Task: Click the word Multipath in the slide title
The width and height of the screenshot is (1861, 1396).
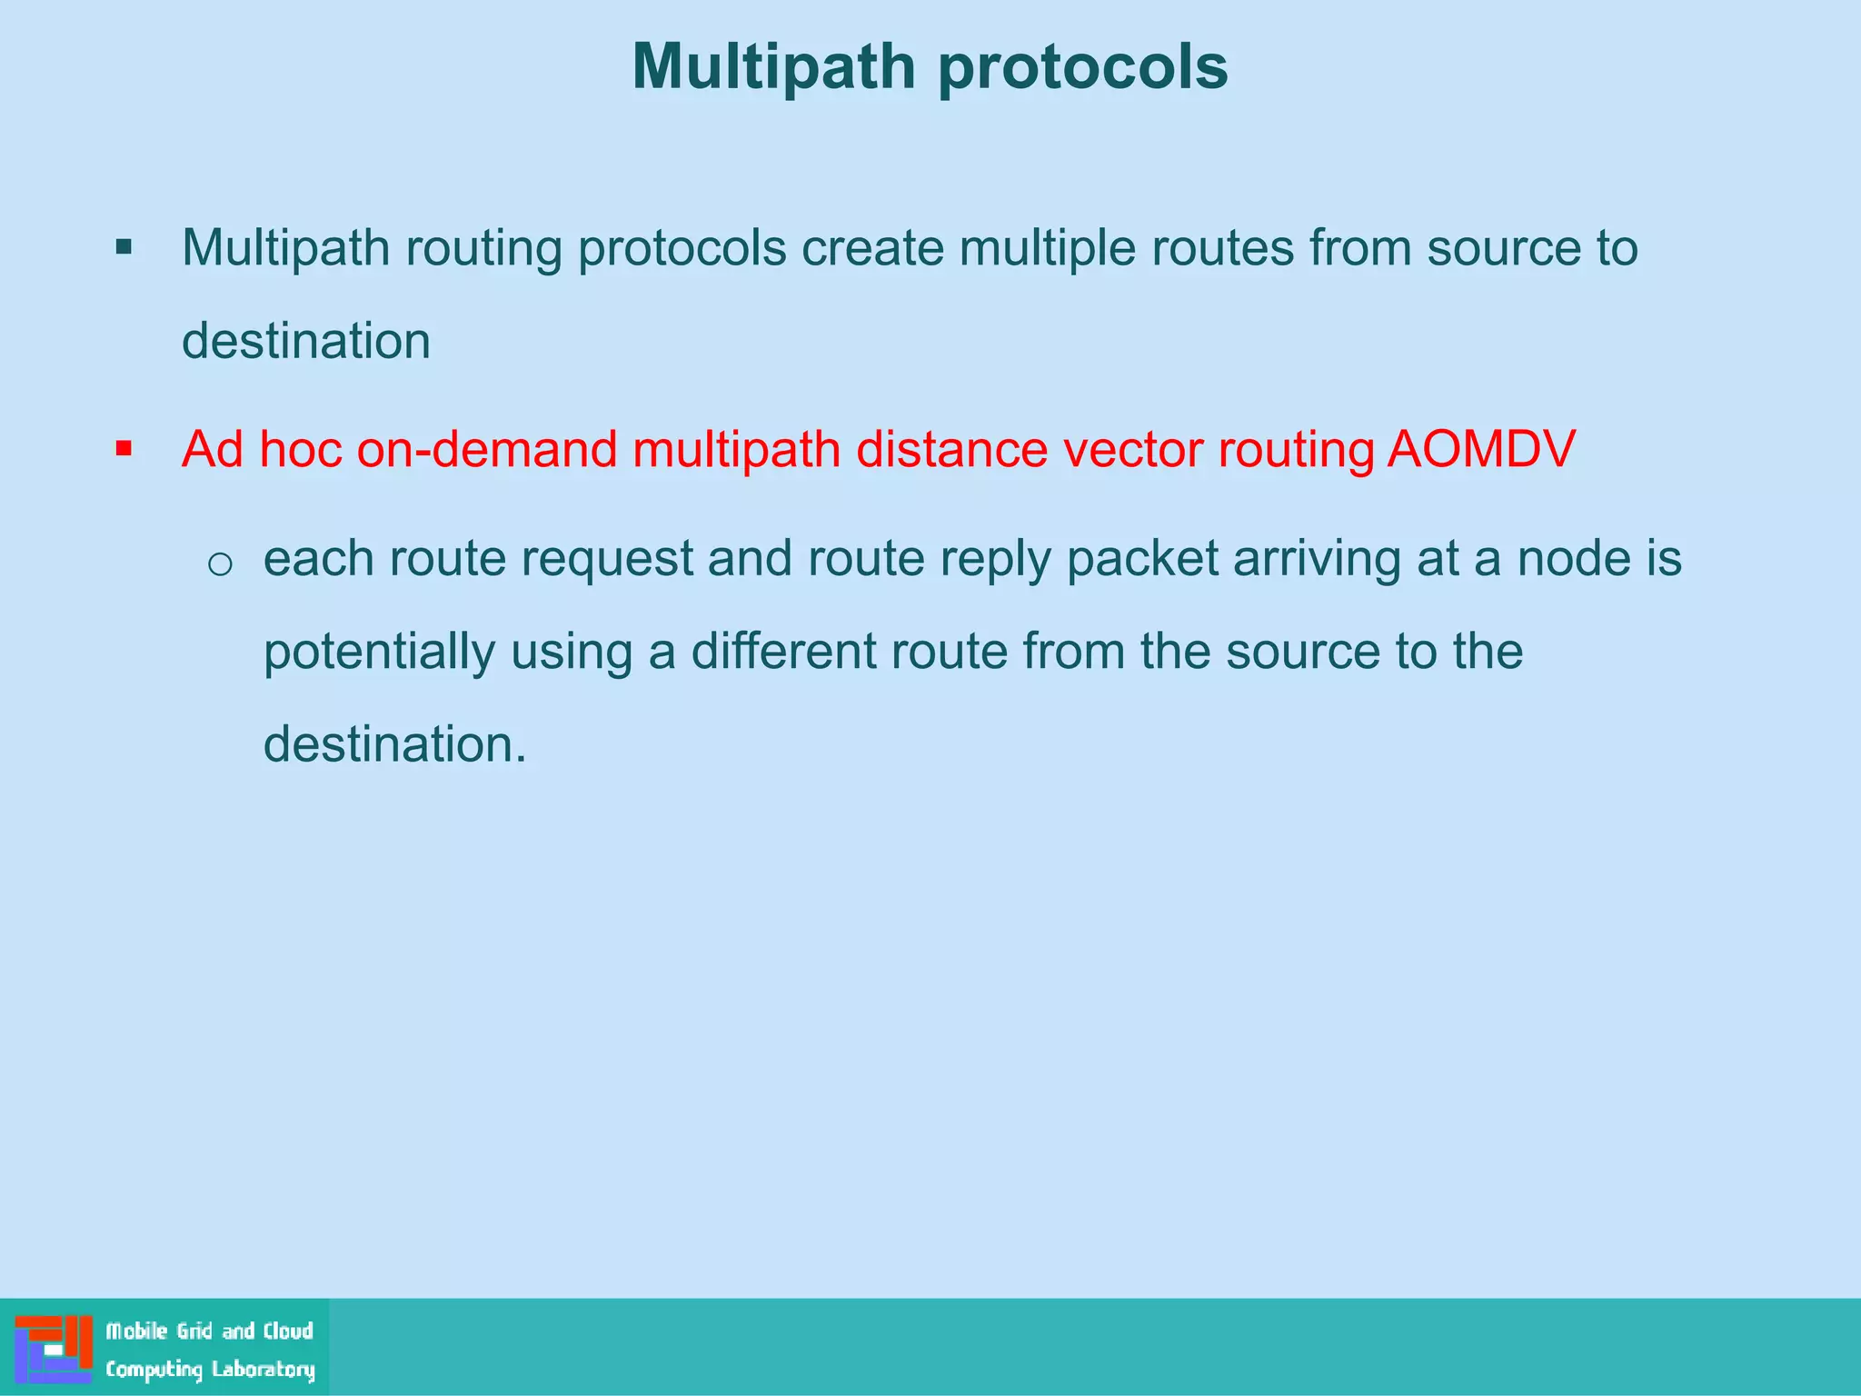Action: [x=773, y=68]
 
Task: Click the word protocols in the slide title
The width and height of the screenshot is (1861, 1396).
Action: [x=1082, y=68]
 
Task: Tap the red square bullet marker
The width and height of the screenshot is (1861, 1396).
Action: [x=124, y=448]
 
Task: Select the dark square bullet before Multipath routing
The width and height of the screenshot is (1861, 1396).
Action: [x=124, y=247]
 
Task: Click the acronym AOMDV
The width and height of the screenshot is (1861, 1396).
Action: [x=1481, y=449]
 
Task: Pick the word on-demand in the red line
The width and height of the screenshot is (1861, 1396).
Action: [x=487, y=449]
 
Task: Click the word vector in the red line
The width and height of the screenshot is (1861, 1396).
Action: [x=1132, y=449]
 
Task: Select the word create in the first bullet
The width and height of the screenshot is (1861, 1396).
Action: [x=872, y=248]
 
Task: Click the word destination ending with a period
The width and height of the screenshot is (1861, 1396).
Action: [x=394, y=744]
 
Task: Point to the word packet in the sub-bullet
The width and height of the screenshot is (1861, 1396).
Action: [x=1142, y=559]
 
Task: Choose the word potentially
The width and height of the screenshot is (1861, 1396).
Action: [x=379, y=652]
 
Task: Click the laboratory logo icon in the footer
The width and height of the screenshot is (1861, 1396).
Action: [x=54, y=1348]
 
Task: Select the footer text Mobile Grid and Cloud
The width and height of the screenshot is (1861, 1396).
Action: [x=209, y=1331]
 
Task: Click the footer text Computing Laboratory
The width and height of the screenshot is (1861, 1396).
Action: [x=210, y=1369]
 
